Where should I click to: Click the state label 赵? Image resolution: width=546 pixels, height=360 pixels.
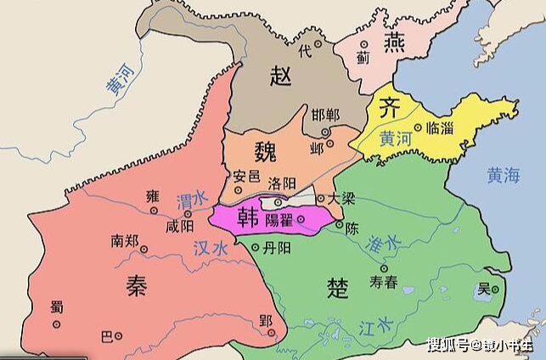coord(283,75)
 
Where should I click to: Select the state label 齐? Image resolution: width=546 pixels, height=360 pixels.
coord(389,109)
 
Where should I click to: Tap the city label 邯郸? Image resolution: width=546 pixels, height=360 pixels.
coord(324,115)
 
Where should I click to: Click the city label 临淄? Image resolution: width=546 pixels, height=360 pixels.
coord(442,125)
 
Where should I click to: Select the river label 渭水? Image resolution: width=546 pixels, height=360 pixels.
coord(192,200)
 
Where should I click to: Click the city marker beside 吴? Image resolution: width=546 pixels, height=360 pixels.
coord(498,290)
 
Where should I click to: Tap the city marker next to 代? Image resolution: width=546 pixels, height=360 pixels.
coord(319,42)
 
